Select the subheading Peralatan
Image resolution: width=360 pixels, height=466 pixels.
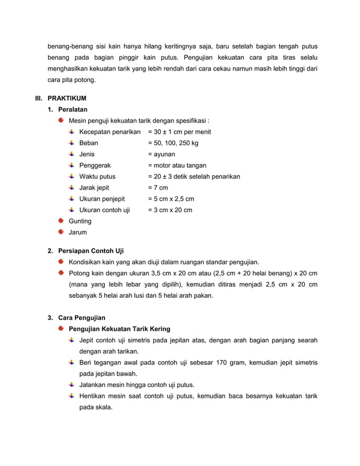click(73, 109)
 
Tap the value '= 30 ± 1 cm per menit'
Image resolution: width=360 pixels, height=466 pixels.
click(179, 132)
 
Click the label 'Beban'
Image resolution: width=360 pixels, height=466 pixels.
click(89, 143)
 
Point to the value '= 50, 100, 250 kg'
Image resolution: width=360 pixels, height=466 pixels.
click(173, 143)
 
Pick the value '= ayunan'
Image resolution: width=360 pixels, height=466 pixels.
click(161, 154)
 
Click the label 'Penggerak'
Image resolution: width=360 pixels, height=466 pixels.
click(95, 165)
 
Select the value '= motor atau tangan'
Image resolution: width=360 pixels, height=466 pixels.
click(177, 165)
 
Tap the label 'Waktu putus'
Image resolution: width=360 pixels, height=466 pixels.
click(97, 177)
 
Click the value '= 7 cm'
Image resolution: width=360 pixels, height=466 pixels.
click(158, 188)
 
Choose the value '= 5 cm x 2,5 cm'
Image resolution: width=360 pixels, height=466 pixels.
click(171, 199)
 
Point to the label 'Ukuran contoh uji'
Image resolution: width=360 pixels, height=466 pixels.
click(104, 210)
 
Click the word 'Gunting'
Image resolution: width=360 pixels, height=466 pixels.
click(80, 221)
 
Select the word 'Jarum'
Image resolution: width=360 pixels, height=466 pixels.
click(77, 232)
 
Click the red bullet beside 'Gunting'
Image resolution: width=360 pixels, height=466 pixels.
click(61, 221)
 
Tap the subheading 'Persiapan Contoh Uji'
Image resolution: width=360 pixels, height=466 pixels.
click(91, 250)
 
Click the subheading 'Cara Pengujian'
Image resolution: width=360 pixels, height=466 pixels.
click(82, 318)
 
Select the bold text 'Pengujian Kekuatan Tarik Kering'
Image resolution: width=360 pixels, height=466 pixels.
click(119, 329)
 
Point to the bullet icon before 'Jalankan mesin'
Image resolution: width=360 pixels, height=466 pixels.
click(72, 385)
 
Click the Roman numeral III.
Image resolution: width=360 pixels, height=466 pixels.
click(39, 98)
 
